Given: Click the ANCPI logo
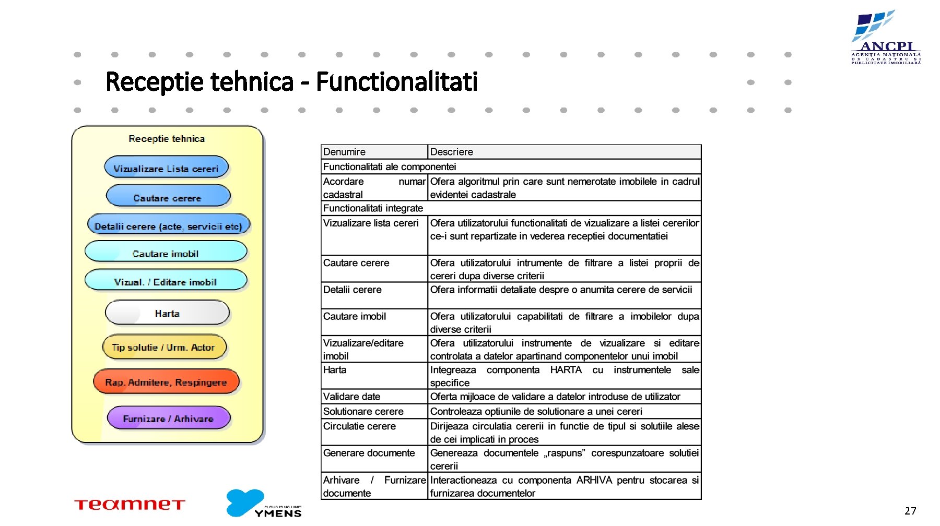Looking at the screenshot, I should point(886,38).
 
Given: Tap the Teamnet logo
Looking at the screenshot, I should point(130,505).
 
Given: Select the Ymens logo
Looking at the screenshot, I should point(264,504).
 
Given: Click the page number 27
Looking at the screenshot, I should point(910,511).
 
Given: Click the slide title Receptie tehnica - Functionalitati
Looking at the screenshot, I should point(291,82).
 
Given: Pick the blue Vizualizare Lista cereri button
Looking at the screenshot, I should point(166,168).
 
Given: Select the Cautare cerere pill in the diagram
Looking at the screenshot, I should point(168,197).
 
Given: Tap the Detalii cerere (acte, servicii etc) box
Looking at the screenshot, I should point(168,226).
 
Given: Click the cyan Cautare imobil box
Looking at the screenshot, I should point(166,253).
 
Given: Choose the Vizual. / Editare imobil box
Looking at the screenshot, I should point(166,281).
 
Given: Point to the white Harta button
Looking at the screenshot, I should point(167,313).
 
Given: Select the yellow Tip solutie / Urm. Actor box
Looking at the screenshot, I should point(163,347).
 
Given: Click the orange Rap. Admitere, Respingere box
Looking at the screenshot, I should point(166,382).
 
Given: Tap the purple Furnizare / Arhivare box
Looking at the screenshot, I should point(168,419).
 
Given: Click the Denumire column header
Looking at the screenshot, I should point(345,152).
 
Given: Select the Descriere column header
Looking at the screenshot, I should point(452,152).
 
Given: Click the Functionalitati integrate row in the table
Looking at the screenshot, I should point(373,208).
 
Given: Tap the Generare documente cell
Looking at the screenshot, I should point(369,453).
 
